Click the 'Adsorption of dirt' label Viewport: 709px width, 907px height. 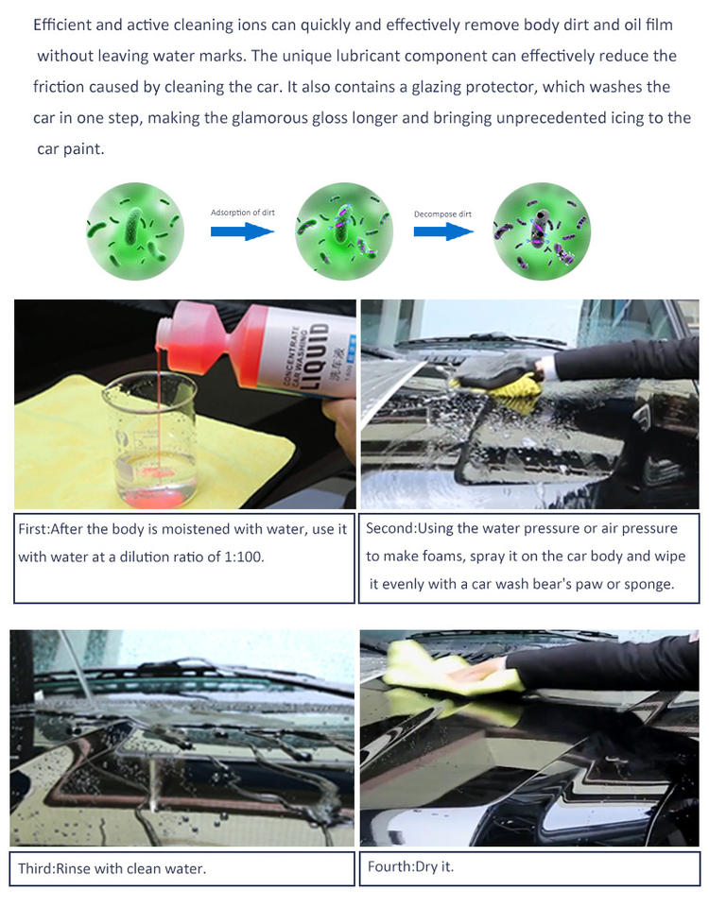(x=243, y=213)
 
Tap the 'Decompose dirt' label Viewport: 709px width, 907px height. (x=442, y=214)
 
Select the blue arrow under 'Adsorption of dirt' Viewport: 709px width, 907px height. (x=242, y=231)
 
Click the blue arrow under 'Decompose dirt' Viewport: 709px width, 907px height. (x=444, y=231)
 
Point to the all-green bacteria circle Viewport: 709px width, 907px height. (x=135, y=231)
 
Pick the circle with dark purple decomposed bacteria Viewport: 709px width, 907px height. (x=542, y=231)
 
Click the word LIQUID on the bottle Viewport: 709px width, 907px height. (x=319, y=356)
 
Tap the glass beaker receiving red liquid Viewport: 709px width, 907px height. (x=150, y=439)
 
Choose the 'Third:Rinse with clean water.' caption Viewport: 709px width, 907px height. (x=112, y=868)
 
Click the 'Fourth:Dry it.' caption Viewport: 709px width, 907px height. (x=410, y=866)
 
